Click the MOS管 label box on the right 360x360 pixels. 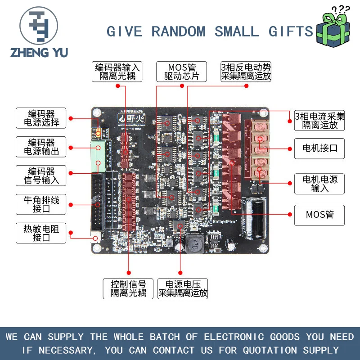click(319, 215)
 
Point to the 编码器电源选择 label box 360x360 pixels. click(41, 118)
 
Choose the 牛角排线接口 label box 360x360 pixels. click(41, 205)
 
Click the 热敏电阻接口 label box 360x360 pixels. click(41, 233)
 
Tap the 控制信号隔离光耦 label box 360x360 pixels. click(129, 288)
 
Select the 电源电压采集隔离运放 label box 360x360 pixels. click(183, 288)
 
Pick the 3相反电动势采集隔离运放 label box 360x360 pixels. click(246, 72)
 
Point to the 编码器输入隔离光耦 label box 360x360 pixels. click(117, 72)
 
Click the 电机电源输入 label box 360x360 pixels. click(319, 184)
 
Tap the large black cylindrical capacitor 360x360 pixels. click(254, 219)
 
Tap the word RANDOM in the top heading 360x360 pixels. click(178, 32)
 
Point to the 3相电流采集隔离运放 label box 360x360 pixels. click(319, 121)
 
